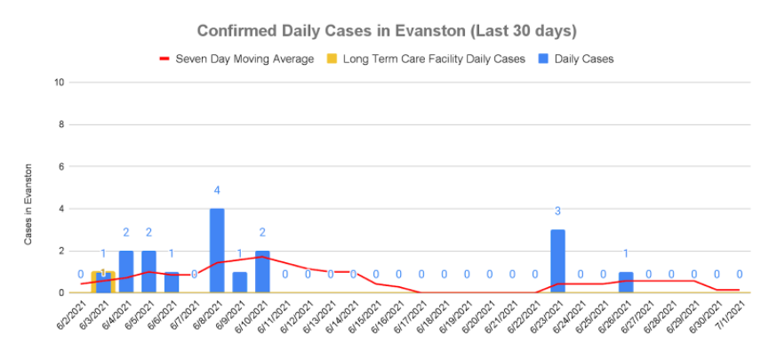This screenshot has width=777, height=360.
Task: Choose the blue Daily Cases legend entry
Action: [x=574, y=59]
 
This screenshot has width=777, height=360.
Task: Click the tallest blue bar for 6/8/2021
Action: [x=217, y=251]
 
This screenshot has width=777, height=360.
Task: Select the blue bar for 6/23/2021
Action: [x=557, y=261]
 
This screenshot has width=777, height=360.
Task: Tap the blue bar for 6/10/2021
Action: [x=262, y=271]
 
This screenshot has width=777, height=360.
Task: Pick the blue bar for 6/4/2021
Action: [x=126, y=271]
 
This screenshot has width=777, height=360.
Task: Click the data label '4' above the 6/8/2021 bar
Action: [x=217, y=190]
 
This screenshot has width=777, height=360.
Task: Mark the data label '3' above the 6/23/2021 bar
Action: [x=557, y=212]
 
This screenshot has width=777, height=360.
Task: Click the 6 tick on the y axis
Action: [x=61, y=167]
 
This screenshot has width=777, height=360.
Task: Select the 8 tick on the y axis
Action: [x=61, y=124]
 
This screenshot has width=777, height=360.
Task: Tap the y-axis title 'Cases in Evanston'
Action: [x=29, y=204]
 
